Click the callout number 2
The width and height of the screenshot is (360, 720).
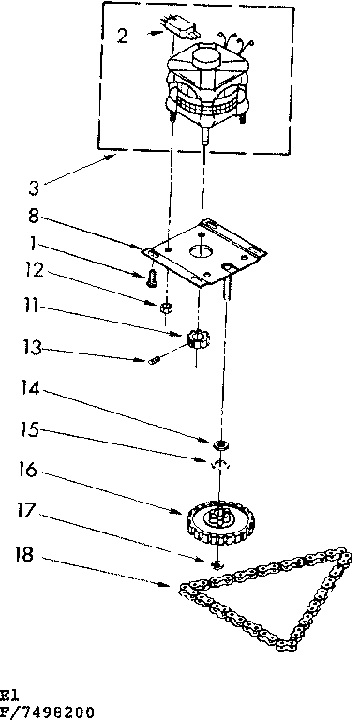(121, 37)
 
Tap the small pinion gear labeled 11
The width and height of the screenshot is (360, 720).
(196, 338)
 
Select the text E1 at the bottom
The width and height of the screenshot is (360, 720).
(8, 698)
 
